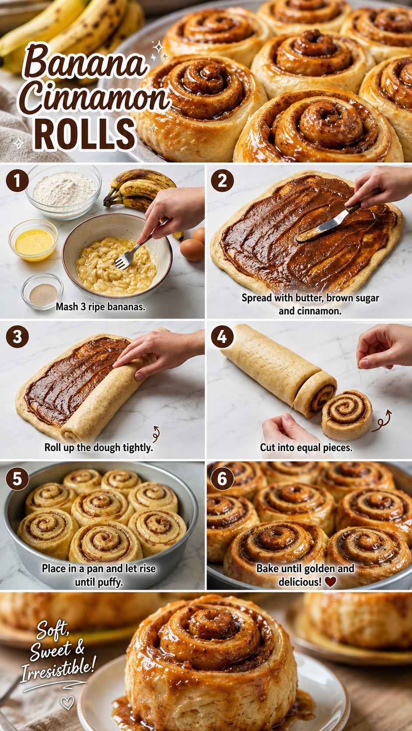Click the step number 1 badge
pyautogui.click(x=17, y=181)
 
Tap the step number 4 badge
pyautogui.click(x=222, y=337)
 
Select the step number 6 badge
pyautogui.click(x=222, y=479)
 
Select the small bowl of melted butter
pyautogui.click(x=33, y=240)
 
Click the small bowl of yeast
pyautogui.click(x=42, y=292)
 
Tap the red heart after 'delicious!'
pyautogui.click(x=331, y=581)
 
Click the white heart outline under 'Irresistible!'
pyautogui.click(x=67, y=703)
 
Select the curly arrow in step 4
pyautogui.click(x=382, y=421)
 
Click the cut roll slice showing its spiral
pyautogui.click(x=347, y=415)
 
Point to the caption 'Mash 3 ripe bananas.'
pyautogui.click(x=100, y=307)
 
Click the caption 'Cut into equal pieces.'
pyautogui.click(x=306, y=447)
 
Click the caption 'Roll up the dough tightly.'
pyautogui.click(x=99, y=447)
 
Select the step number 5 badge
pyautogui.click(x=17, y=479)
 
